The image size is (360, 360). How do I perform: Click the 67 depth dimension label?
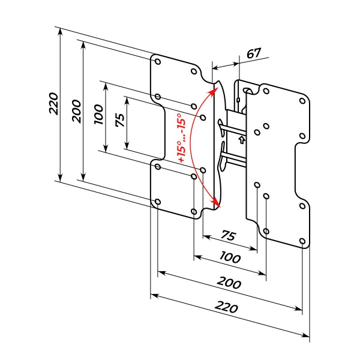coord(253,53)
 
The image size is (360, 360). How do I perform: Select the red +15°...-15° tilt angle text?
coord(181,139)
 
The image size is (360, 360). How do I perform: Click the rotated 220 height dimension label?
coord(53,104)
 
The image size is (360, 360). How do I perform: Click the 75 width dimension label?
coord(229,235)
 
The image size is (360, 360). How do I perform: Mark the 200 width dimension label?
coord(229,284)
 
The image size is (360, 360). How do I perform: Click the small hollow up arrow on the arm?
coord(241,140)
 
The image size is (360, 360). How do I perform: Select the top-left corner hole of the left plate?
coord(157,61)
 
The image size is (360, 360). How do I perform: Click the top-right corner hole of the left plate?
coord(194,71)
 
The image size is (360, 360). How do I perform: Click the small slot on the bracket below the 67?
coord(239,99)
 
